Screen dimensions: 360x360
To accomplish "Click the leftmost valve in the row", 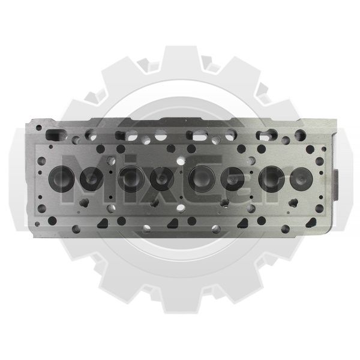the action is pos(62,179).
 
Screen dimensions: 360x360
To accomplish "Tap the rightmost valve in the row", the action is pos(301,179).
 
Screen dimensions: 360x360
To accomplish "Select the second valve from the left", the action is pos(92,179).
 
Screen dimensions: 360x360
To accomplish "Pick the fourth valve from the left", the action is pos(162,179).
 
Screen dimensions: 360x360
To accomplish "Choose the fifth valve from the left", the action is pos(202,179).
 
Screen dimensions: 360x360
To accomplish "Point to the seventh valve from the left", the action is pos(272,179).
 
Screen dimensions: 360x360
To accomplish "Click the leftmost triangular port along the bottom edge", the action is pos(103,223).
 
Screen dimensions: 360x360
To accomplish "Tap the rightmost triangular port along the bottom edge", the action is pos(311,223).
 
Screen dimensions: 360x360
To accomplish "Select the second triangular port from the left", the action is pos(173,223).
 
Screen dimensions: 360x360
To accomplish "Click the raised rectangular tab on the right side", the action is pos(336,184).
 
